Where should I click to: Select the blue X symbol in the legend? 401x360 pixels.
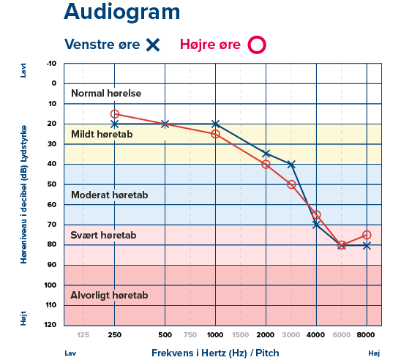click(x=153, y=45)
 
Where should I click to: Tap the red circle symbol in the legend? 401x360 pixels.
click(x=256, y=45)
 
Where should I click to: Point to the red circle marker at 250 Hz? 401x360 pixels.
click(x=114, y=114)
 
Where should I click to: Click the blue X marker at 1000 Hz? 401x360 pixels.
click(x=215, y=124)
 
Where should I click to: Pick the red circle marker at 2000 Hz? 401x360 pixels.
click(x=266, y=165)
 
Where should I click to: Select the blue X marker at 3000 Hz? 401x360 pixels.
click(x=291, y=165)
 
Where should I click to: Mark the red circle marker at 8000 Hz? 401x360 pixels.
click(x=367, y=235)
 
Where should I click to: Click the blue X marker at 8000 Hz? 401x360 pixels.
click(x=367, y=245)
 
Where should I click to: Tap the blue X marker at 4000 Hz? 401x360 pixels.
click(x=316, y=225)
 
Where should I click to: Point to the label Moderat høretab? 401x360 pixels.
click(x=109, y=195)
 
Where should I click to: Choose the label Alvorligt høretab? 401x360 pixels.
click(x=110, y=296)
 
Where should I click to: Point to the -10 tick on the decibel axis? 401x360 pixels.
click(x=50, y=64)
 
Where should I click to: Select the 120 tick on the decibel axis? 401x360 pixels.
click(x=50, y=324)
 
